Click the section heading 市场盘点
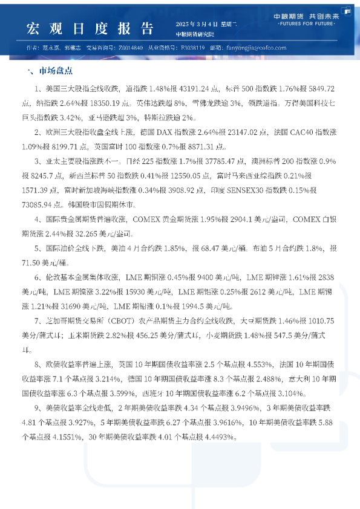(56, 71)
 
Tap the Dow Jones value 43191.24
(197, 88)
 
